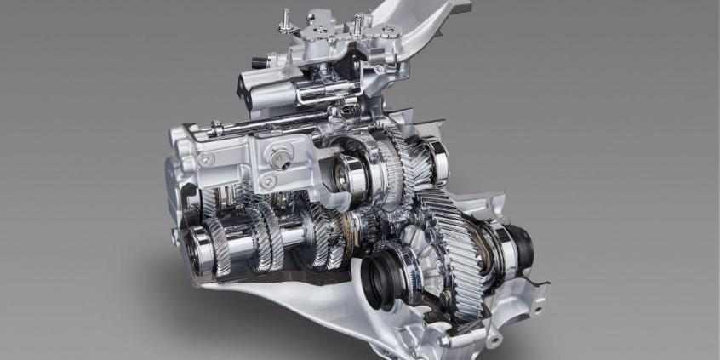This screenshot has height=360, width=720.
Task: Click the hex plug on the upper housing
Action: (281, 156)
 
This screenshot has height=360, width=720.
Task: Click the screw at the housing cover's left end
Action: (205, 158)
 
